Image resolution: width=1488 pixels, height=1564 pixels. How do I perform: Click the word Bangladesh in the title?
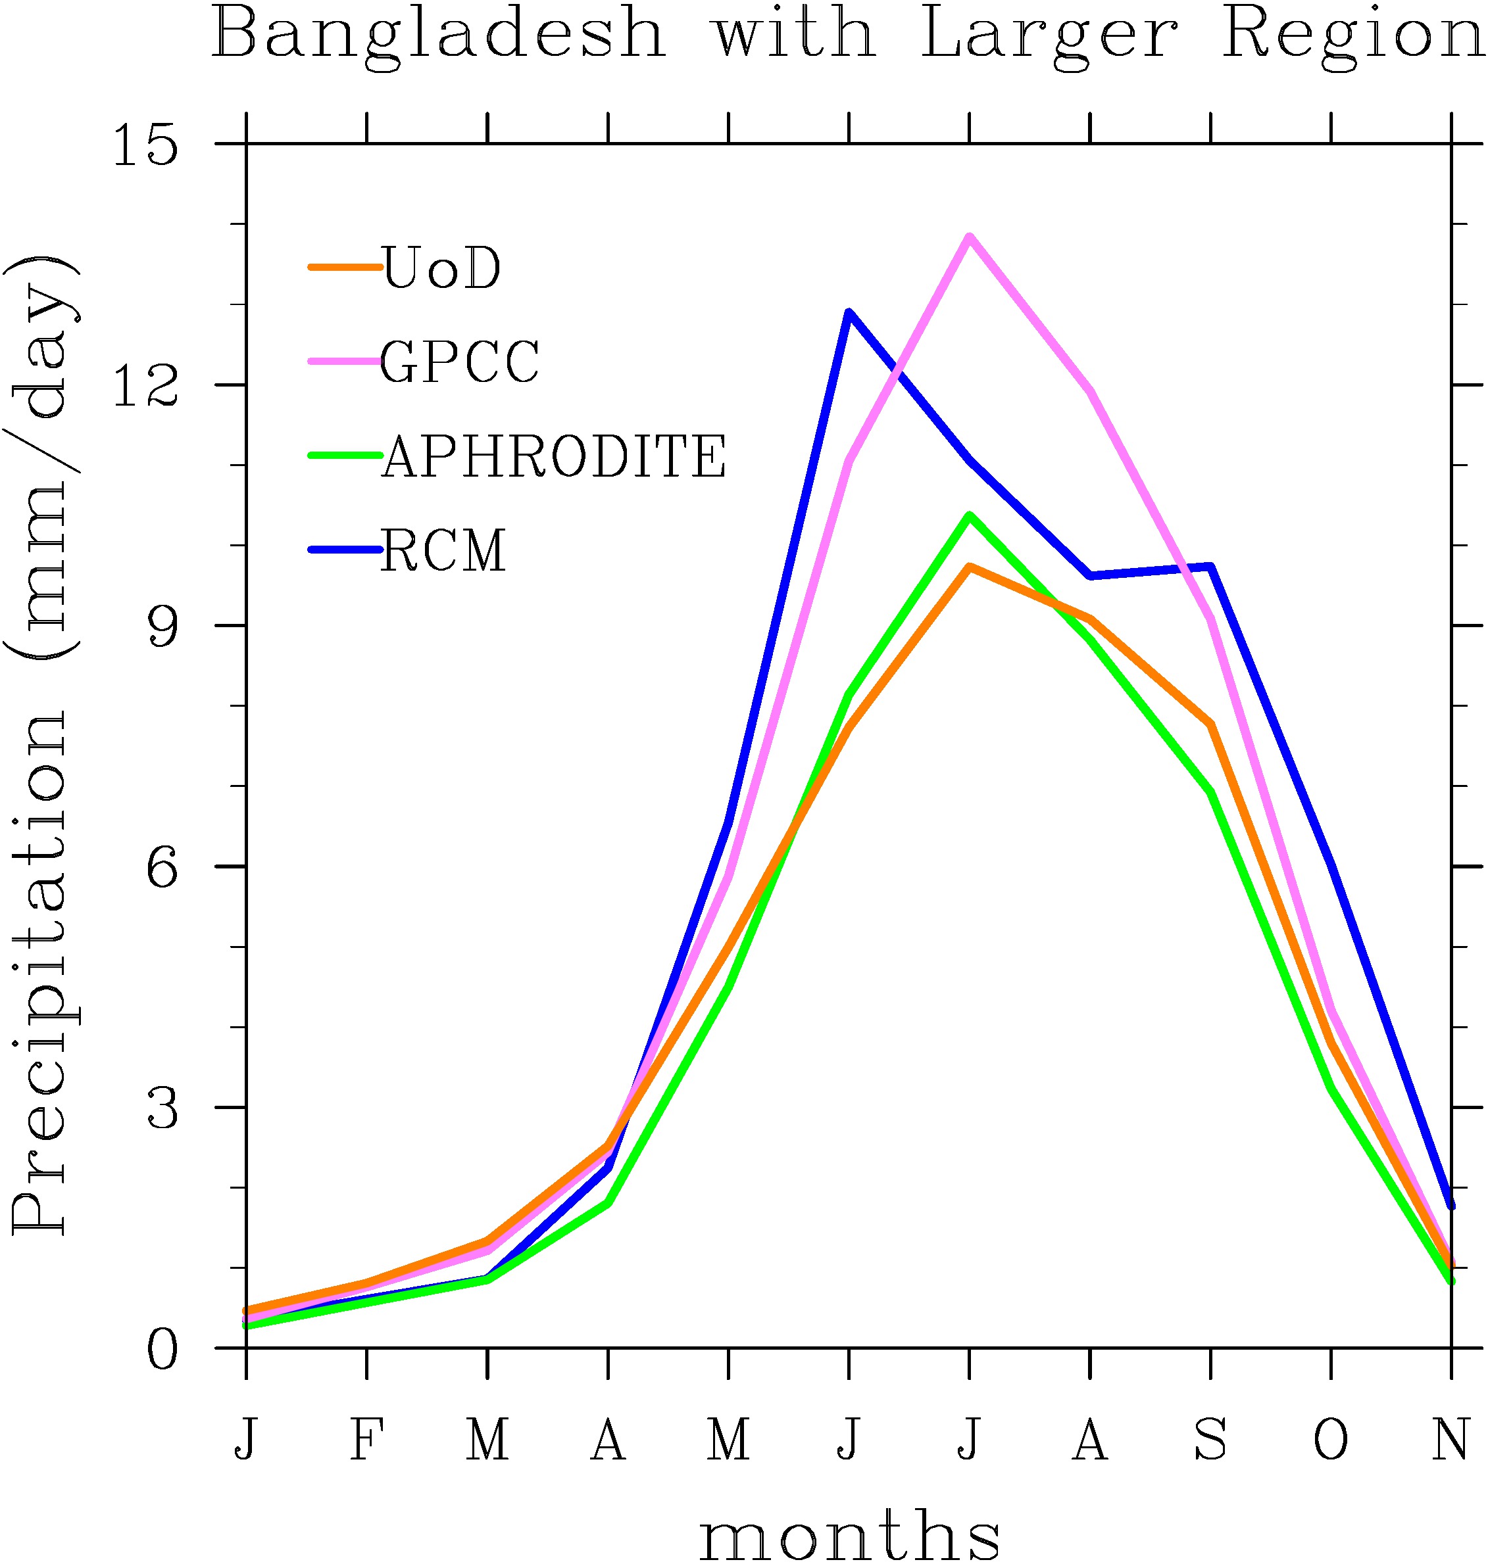438,36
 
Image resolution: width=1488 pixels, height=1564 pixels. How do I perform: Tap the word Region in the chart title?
1352,36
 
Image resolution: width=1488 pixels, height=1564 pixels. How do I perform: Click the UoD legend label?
441,268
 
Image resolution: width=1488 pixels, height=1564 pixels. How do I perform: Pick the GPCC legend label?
460,362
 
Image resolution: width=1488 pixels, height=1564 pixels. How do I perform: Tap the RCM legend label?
443,550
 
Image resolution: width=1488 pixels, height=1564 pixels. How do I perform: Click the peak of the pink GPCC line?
969,237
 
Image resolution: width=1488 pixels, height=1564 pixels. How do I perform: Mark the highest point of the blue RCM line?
849,312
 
